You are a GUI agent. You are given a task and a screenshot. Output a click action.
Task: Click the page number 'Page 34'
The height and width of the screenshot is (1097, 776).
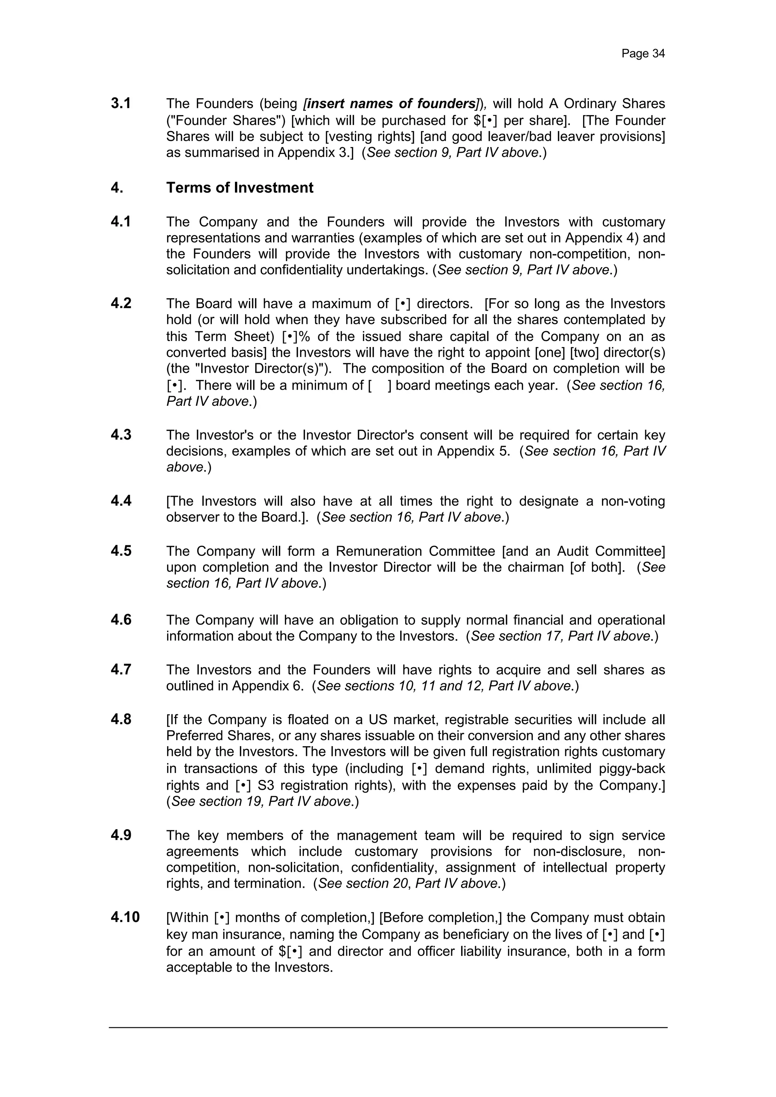pyautogui.click(x=643, y=53)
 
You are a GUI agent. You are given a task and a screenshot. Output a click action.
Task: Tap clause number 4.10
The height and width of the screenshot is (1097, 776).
pyautogui.click(x=125, y=917)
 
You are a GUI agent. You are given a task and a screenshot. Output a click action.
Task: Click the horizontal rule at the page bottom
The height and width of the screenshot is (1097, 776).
pyautogui.click(x=388, y=1027)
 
